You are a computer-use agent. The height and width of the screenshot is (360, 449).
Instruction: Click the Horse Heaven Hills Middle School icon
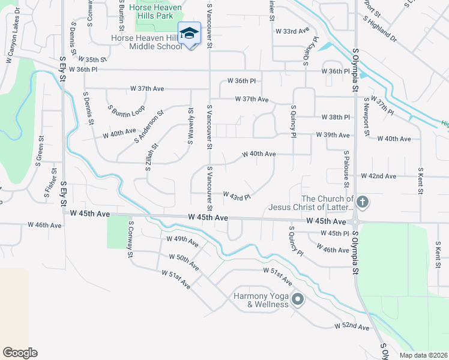coord(189,32)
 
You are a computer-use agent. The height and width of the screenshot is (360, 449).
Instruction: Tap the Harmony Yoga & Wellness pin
coord(298,299)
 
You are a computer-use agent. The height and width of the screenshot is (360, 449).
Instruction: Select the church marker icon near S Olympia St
coord(361,202)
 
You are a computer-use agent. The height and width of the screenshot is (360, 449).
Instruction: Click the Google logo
coord(20,352)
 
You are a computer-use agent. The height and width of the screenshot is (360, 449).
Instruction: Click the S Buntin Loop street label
coord(127,112)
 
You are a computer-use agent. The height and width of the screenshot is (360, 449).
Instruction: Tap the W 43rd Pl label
coord(236,196)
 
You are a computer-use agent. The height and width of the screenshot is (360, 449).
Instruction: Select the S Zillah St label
coord(151,157)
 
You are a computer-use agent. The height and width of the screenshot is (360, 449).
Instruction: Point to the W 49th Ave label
coord(182,241)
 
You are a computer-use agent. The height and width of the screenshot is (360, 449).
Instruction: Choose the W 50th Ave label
coord(184,262)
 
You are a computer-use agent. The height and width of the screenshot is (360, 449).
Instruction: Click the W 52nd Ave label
coord(352,326)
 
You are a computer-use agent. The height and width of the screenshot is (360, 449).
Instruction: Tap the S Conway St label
coord(130,239)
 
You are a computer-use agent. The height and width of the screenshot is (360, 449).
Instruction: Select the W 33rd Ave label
coord(292,31)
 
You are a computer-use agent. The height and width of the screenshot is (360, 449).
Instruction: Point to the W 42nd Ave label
coord(379,176)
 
